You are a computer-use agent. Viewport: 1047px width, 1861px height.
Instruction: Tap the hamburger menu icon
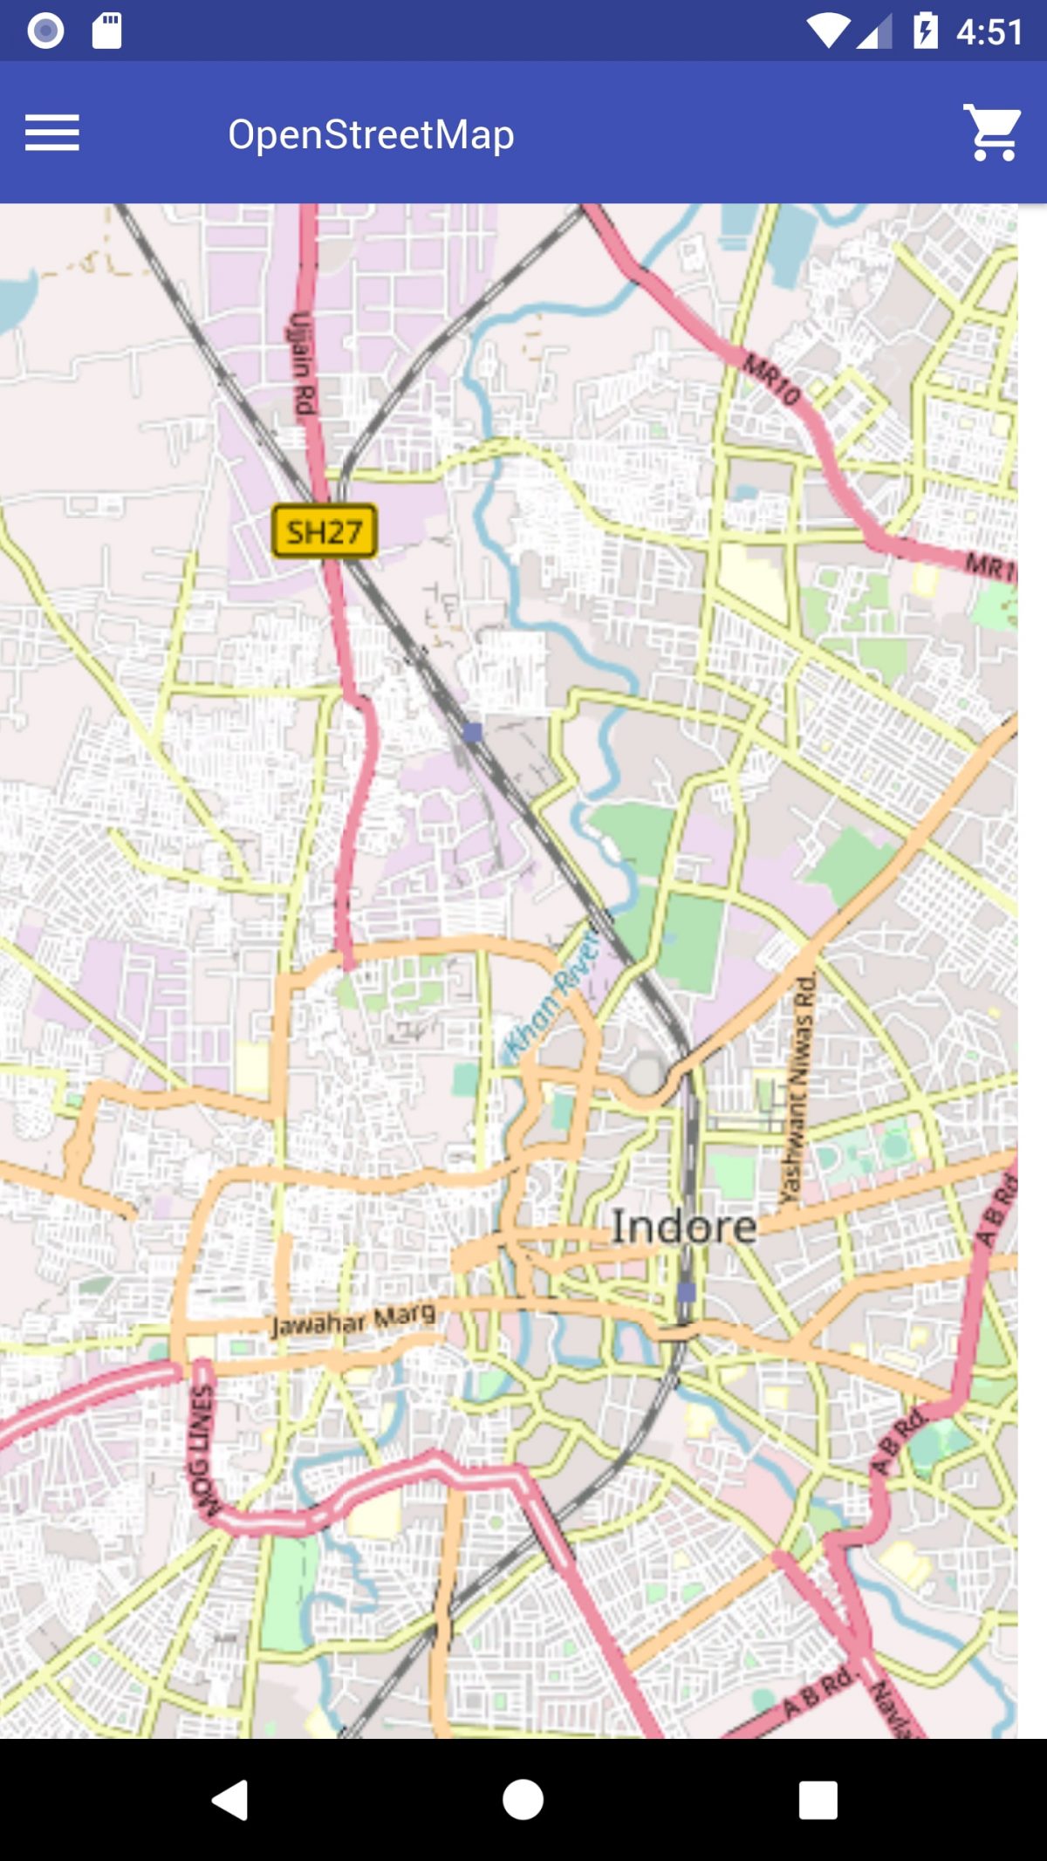pyautogui.click(x=51, y=133)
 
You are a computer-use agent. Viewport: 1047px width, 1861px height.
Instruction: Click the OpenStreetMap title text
pyautogui.click(x=371, y=134)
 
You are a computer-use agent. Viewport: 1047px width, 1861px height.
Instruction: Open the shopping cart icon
pyautogui.click(x=993, y=133)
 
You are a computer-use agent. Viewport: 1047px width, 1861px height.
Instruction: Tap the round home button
pyautogui.click(x=523, y=1799)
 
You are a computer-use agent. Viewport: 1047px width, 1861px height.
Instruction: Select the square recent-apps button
pyautogui.click(x=818, y=1799)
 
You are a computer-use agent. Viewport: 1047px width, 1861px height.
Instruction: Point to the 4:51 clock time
pyautogui.click(x=989, y=32)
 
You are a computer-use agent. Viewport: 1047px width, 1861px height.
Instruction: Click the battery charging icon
pyautogui.click(x=925, y=31)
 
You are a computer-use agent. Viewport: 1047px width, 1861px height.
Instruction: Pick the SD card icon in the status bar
pyautogui.click(x=107, y=31)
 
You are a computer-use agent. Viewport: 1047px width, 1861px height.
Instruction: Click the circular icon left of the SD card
pyautogui.click(x=45, y=31)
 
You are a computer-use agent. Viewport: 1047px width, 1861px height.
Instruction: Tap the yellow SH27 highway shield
pyautogui.click(x=325, y=530)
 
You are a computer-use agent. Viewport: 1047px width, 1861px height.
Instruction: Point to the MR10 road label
pyautogui.click(x=771, y=378)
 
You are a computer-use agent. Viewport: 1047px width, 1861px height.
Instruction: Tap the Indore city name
pyautogui.click(x=683, y=1227)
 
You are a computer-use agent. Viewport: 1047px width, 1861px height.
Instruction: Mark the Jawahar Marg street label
pyautogui.click(x=352, y=1320)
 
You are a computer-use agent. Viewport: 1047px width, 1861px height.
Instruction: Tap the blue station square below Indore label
pyautogui.click(x=687, y=1291)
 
